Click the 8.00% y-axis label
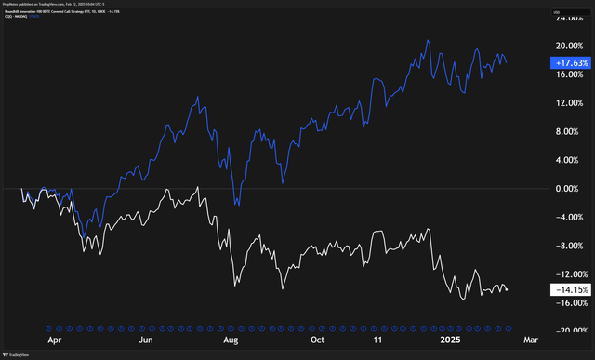[570, 131]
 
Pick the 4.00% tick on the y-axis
[570, 160]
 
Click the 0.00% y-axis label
[570, 189]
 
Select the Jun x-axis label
[146, 340]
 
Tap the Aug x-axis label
[231, 340]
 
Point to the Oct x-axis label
[317, 340]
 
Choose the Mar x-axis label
[532, 340]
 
